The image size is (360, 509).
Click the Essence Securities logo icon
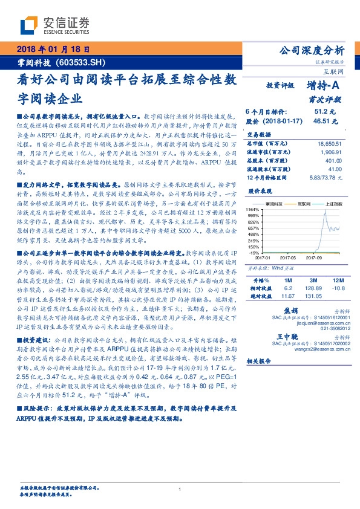[31, 25]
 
